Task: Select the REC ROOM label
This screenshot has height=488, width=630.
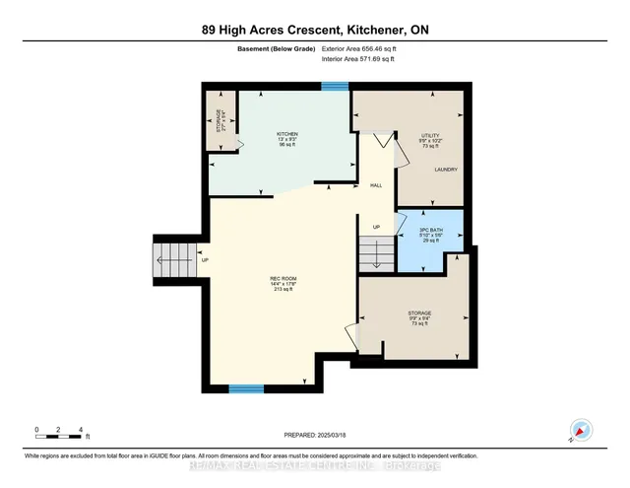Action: pyautogui.click(x=283, y=282)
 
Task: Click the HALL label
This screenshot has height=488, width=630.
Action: pyautogui.click(x=375, y=184)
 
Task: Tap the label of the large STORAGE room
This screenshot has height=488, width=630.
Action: pyautogui.click(x=420, y=318)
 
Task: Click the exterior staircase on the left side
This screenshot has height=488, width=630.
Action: pyautogui.click(x=173, y=259)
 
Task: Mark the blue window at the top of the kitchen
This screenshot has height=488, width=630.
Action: pyautogui.click(x=336, y=86)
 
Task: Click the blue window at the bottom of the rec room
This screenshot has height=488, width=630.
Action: pyautogui.click(x=245, y=388)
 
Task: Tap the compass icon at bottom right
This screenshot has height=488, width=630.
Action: pyautogui.click(x=581, y=430)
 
